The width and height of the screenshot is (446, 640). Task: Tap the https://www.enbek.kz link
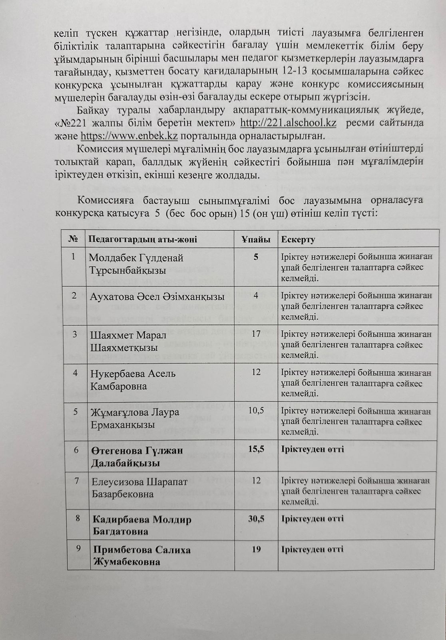point(129,136)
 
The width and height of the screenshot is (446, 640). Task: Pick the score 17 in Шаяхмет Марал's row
point(256,333)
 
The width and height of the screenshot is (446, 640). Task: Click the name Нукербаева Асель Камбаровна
point(133,380)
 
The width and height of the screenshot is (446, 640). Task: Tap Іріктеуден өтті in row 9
point(313,549)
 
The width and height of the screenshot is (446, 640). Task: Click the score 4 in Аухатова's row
point(256,296)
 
